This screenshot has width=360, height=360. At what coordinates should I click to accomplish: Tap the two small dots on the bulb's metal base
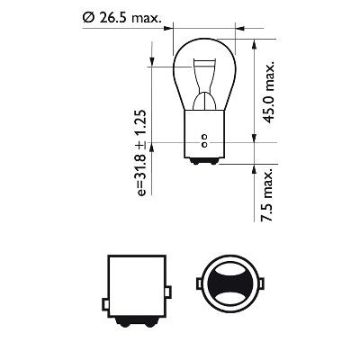(x=204, y=140)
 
